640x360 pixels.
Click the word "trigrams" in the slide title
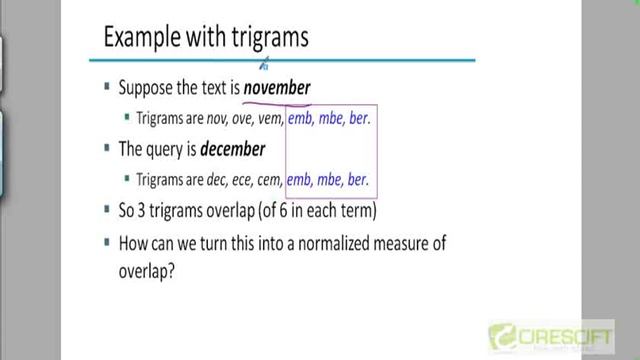[262, 38]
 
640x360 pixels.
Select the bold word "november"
[277, 88]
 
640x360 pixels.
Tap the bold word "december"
[232, 149]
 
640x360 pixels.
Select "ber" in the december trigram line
[359, 181]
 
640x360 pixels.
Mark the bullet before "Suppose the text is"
[107, 87]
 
